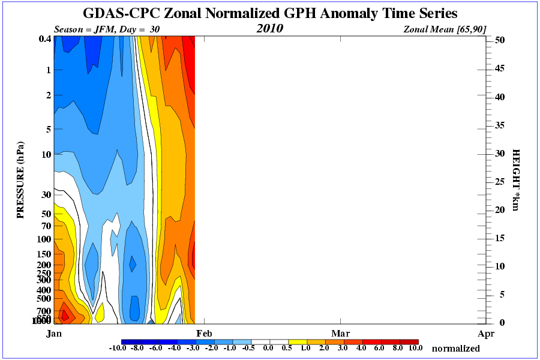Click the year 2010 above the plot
269,29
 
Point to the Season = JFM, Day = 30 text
107,29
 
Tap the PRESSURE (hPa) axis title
20,180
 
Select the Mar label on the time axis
341,333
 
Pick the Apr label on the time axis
486,333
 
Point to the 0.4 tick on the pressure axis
44,39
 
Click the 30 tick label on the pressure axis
45,194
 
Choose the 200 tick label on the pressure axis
43,265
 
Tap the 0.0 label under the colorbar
269,348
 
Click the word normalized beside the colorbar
455,348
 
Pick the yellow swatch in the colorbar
298,341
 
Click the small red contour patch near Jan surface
66,314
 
